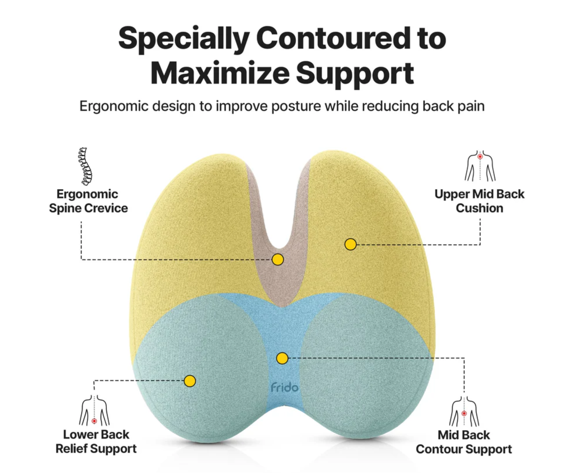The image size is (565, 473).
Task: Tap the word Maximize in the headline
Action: [220, 73]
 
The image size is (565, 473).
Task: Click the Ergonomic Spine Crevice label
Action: [88, 201]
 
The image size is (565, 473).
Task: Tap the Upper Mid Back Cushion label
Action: [479, 201]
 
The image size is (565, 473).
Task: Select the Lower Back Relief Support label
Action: [96, 442]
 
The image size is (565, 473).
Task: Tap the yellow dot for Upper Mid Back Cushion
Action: [350, 244]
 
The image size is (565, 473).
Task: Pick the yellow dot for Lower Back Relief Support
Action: [190, 381]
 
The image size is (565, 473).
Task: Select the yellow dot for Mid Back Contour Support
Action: [282, 358]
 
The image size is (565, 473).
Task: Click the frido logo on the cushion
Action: [284, 388]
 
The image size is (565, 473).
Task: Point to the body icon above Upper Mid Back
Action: [480, 166]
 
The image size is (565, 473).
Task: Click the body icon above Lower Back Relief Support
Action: [94, 410]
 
